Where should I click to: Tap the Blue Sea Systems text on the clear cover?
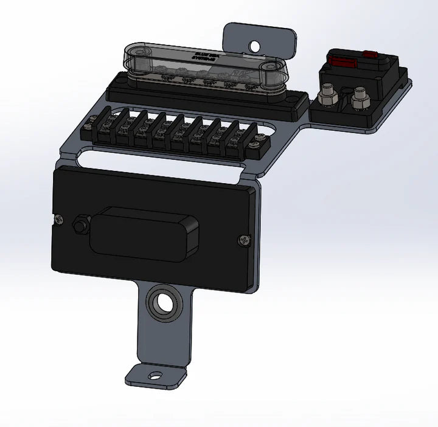[x=206, y=57]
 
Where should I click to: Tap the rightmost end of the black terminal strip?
[x=261, y=145]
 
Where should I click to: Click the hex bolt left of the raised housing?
[x=79, y=224]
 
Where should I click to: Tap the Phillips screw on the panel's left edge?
[x=59, y=220]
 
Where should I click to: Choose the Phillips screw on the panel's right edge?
[x=244, y=240]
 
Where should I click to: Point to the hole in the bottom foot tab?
[x=156, y=375]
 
